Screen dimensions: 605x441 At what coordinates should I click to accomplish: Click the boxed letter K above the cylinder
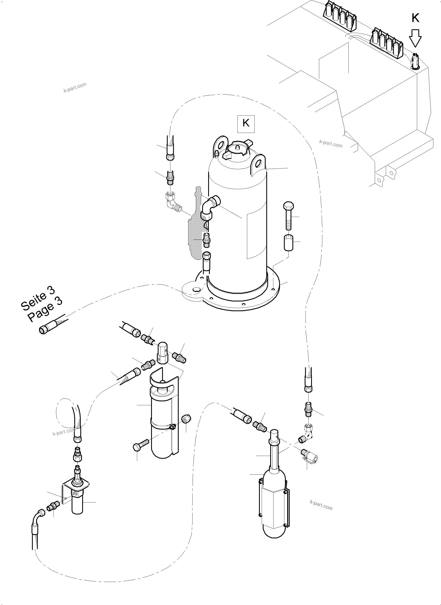(x=246, y=123)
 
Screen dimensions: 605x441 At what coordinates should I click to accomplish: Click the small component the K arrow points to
(x=415, y=61)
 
